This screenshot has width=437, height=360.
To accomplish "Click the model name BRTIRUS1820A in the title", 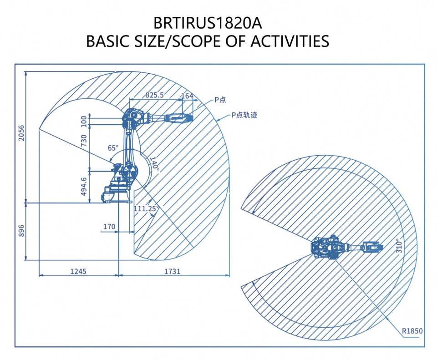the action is click(x=208, y=23).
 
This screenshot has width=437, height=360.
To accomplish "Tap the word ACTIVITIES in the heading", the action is click(x=290, y=41).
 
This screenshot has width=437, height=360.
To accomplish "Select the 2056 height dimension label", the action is click(x=21, y=133).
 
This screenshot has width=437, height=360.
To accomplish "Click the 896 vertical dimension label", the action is click(x=21, y=231).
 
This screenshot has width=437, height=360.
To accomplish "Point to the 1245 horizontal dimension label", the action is click(x=78, y=271).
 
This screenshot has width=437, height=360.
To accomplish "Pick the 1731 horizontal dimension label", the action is click(x=172, y=271).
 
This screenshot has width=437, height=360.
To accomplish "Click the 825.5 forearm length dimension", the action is click(x=155, y=95).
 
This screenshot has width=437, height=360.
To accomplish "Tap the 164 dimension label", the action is click(x=187, y=96).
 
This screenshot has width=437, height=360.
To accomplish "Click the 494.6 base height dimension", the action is click(x=84, y=187).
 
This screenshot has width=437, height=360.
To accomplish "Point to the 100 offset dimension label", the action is click(x=84, y=122).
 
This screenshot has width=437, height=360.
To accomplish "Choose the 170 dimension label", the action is click(x=109, y=227).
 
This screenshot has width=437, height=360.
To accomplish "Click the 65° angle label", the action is click(x=113, y=147).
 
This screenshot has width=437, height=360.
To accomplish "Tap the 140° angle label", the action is click(x=154, y=164).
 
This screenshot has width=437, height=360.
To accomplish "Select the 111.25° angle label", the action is click(x=146, y=208).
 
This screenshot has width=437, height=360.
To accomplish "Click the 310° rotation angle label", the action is click(x=399, y=245).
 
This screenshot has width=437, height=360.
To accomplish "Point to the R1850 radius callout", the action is click(x=412, y=331).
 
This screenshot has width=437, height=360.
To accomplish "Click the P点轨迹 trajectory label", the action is click(x=244, y=115).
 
